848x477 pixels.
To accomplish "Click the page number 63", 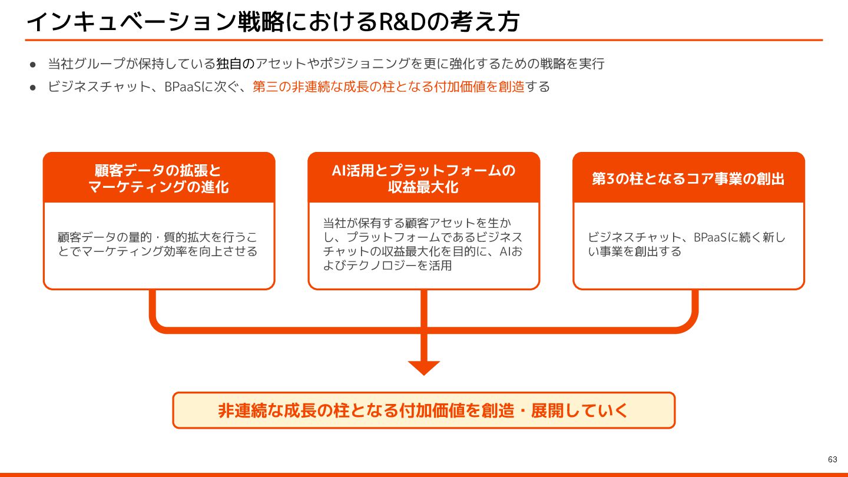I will click(x=832, y=459).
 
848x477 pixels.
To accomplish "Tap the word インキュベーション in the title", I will click(x=131, y=22).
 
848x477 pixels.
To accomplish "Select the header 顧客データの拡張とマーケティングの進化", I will click(x=158, y=178).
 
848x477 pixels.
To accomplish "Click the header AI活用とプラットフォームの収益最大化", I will click(x=423, y=178).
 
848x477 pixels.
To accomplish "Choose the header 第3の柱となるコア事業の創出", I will click(x=688, y=178).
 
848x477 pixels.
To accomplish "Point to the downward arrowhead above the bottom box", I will click(x=424, y=367).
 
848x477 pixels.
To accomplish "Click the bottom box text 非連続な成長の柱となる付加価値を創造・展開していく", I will click(x=423, y=410).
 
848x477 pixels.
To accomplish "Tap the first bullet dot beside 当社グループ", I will click(x=34, y=64).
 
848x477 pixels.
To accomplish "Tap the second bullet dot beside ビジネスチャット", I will click(x=34, y=87).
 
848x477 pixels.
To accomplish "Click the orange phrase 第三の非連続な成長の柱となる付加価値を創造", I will click(x=389, y=87).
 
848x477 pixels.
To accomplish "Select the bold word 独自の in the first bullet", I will click(x=236, y=63).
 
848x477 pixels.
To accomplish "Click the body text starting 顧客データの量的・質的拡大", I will click(x=158, y=244).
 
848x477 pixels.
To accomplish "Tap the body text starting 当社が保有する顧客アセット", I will click(x=423, y=244).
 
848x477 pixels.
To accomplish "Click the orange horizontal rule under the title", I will click(x=423, y=40).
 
